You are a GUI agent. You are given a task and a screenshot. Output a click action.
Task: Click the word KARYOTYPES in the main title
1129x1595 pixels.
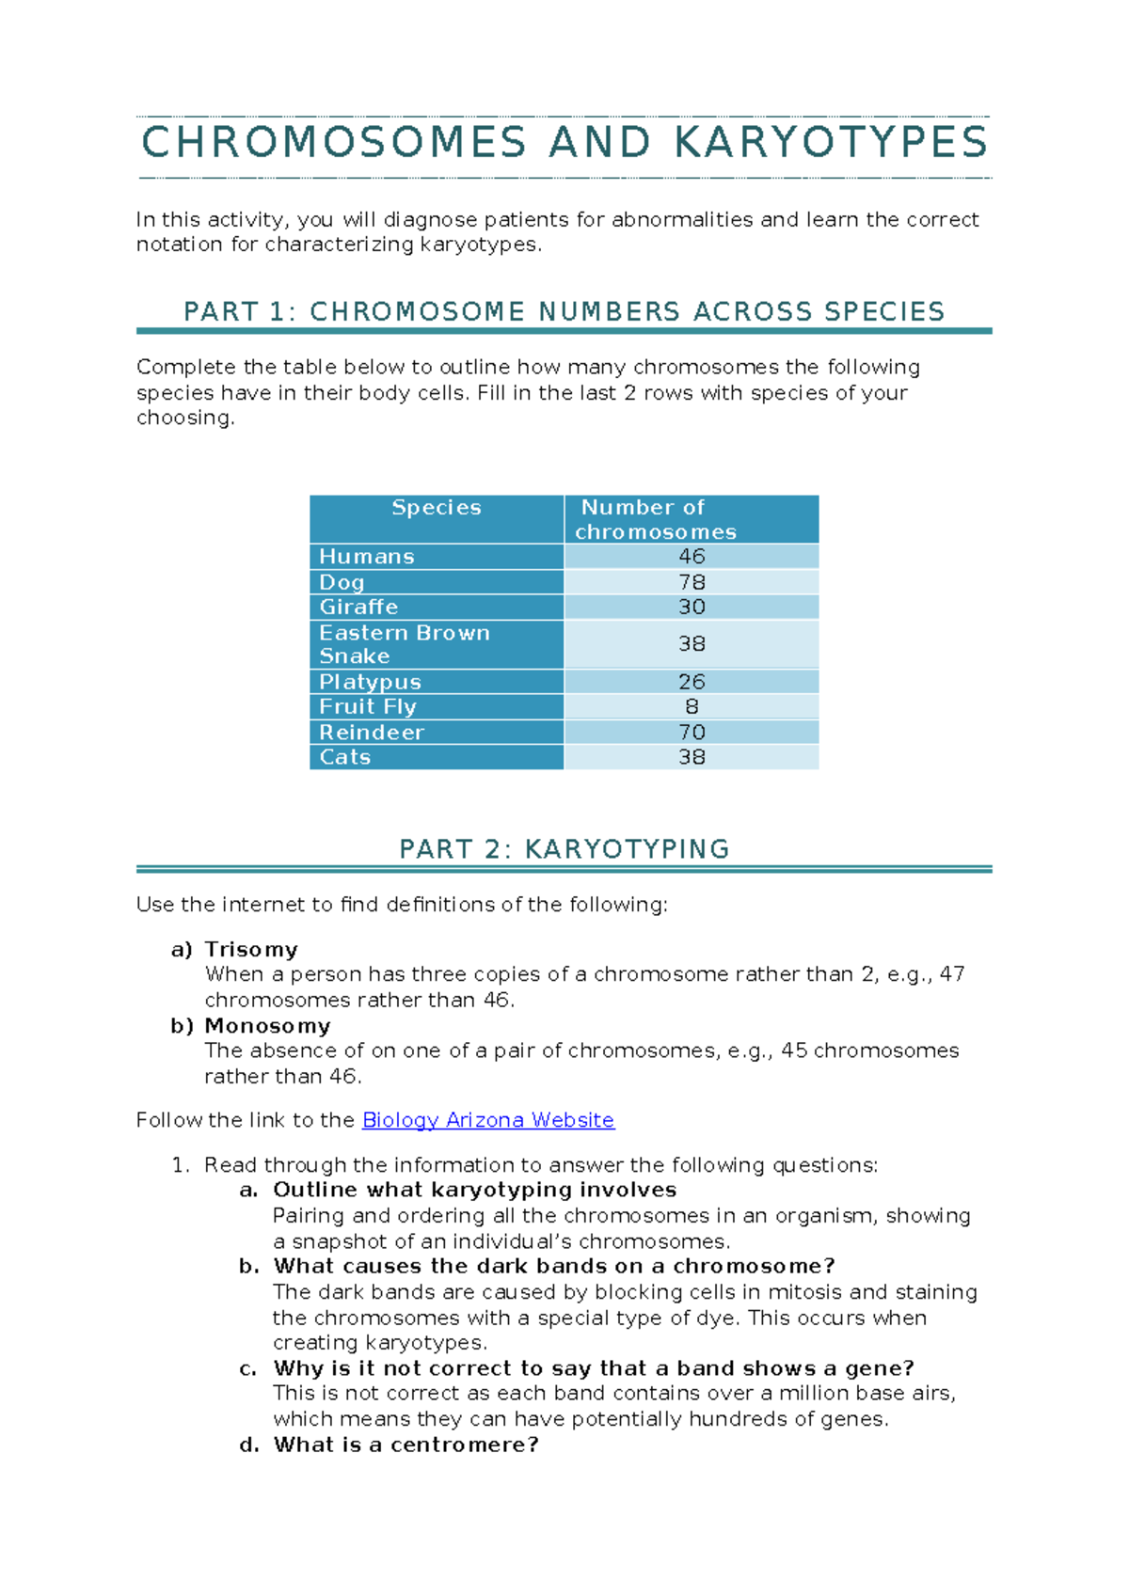(x=831, y=143)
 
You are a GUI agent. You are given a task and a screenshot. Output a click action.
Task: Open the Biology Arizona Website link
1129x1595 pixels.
(x=487, y=1120)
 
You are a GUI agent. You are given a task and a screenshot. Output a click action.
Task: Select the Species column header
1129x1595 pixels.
(x=437, y=508)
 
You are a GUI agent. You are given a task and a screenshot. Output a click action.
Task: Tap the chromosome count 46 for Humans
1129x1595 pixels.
(x=692, y=557)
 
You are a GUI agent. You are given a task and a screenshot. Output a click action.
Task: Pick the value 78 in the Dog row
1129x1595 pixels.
(x=692, y=582)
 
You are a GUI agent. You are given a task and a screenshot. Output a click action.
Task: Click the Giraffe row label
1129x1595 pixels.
(x=358, y=608)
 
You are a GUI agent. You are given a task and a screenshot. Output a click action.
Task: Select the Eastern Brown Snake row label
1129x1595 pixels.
(x=404, y=644)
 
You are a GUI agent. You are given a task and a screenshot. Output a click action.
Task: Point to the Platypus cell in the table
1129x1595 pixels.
(x=370, y=682)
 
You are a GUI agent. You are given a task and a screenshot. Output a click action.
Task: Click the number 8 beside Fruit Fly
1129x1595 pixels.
(x=692, y=707)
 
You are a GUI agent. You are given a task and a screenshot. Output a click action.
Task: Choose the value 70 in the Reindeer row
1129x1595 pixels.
(x=692, y=733)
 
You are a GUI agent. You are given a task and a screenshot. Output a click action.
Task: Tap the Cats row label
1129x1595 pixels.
(x=345, y=757)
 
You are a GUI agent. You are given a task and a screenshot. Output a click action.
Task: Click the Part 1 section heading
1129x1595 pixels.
(x=564, y=311)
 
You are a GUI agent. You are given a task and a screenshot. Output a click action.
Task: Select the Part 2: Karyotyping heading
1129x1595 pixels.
(x=564, y=849)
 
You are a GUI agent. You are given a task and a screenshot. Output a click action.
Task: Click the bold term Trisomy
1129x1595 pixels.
(x=251, y=950)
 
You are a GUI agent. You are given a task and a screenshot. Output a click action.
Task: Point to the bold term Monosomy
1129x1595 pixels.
(x=267, y=1026)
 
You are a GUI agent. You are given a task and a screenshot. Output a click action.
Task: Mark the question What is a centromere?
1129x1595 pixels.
(x=405, y=1445)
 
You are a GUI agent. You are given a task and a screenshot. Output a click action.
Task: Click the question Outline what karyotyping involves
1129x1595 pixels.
(x=474, y=1190)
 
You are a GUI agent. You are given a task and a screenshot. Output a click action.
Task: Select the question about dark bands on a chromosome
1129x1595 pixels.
(x=553, y=1266)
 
